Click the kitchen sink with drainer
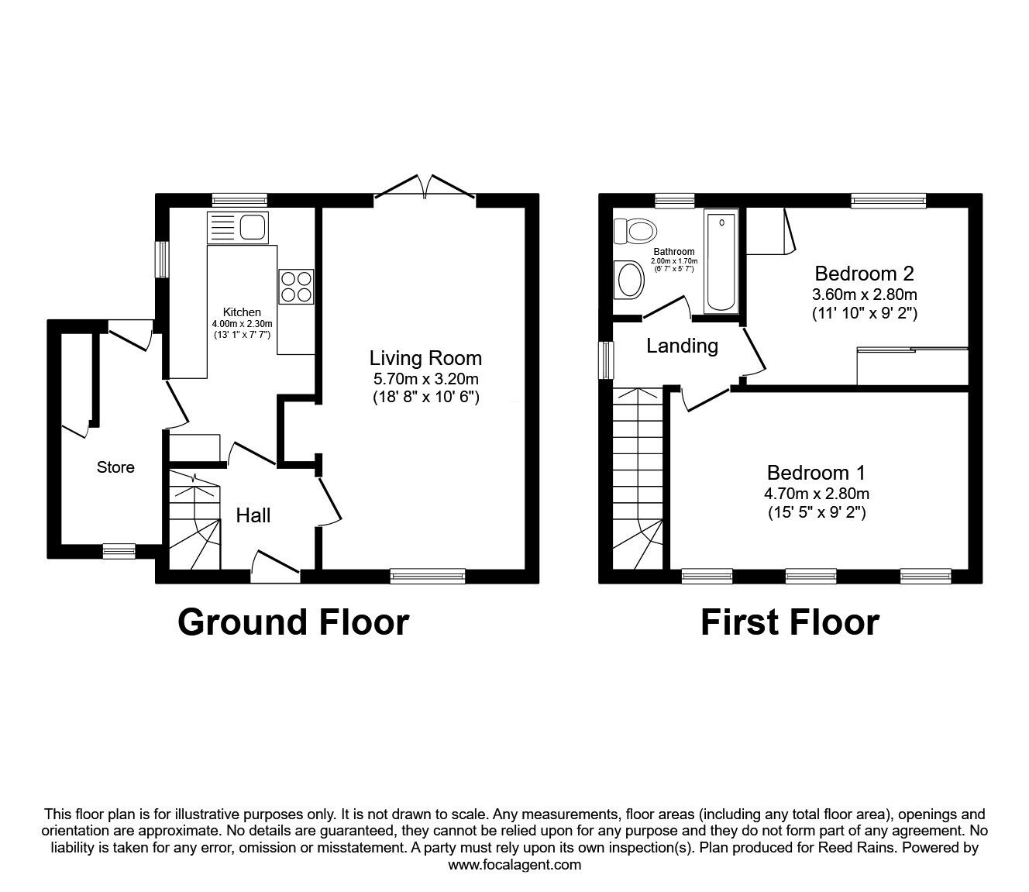[x=238, y=228]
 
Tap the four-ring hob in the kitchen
[x=296, y=287]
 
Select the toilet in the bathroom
[x=635, y=231]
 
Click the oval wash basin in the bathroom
[x=629, y=280]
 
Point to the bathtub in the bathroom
[x=721, y=260]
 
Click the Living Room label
[x=425, y=358]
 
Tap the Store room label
[x=115, y=467]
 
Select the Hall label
[x=253, y=515]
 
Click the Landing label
[x=682, y=346]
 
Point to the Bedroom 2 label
[x=864, y=274]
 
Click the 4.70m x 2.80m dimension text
[x=817, y=494]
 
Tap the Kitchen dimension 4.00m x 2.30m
[x=242, y=324]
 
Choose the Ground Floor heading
[x=294, y=622]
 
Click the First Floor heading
[x=790, y=622]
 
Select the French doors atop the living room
[x=425, y=188]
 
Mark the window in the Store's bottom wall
[x=119, y=551]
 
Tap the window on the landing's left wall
[x=606, y=360]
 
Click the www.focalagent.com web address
[x=514, y=865]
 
